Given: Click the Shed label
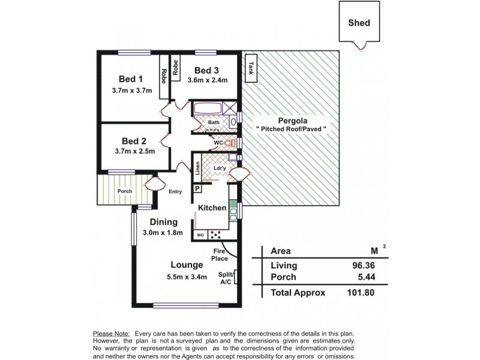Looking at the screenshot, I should tap(359, 23).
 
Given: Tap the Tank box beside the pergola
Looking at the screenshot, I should tap(250, 68).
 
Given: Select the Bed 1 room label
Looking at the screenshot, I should tap(131, 79).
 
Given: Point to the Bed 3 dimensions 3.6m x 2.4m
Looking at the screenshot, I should tap(208, 80).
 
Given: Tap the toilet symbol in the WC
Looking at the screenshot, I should tap(226, 143).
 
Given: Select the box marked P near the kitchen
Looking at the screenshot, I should tap(196, 188).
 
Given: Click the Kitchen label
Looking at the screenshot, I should tap(212, 208).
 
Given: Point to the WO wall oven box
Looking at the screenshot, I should tap(199, 235).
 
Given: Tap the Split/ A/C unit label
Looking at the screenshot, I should tap(227, 278).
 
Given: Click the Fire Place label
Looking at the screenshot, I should tap(220, 255).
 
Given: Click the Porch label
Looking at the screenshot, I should tap(124, 192).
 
